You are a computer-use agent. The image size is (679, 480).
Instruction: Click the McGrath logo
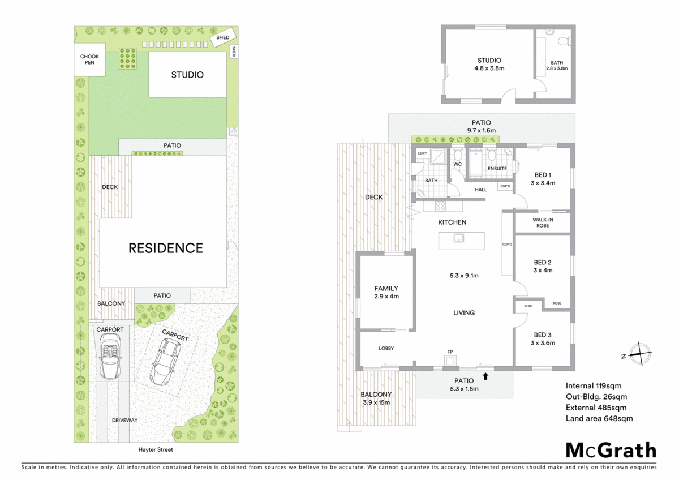coord(611,450)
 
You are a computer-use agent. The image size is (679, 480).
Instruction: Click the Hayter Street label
coord(156,449)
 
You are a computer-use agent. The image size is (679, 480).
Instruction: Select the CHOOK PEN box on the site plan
coord(90,59)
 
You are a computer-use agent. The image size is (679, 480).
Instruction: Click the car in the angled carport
coord(165,361)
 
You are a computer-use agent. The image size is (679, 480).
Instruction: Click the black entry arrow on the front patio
coord(485,374)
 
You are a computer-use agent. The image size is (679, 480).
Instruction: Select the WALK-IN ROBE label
coord(542,222)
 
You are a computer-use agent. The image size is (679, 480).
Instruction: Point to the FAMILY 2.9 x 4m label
coord(386,292)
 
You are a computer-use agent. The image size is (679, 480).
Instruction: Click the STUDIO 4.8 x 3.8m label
coord(489,64)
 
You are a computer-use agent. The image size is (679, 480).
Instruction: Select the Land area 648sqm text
coord(599,418)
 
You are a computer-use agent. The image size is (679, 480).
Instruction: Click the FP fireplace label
coord(450,352)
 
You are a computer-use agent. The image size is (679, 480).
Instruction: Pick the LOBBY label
coord(386,348)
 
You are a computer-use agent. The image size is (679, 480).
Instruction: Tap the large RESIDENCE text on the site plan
coord(165,248)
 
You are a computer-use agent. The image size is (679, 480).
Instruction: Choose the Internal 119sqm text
coord(593,385)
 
